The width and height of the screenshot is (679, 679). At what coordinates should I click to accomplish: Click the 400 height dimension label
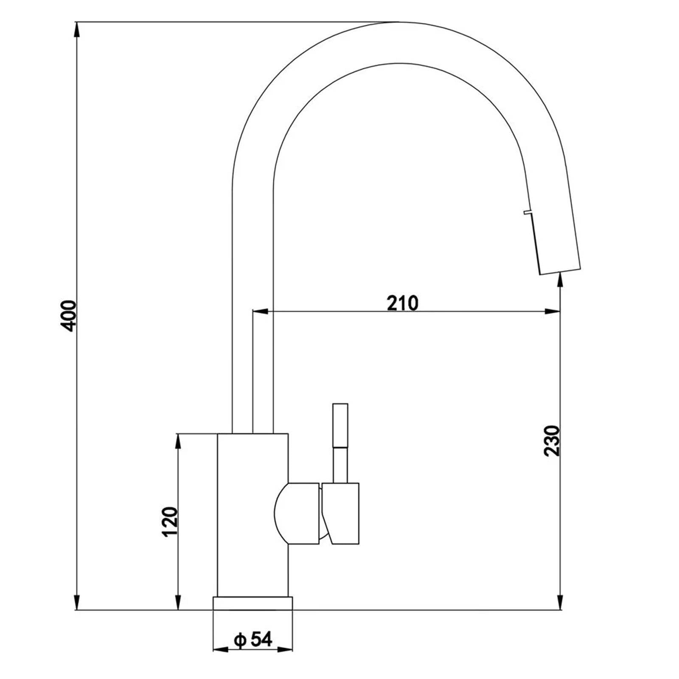[x=68, y=316]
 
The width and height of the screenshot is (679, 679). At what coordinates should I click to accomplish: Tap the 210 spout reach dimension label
[x=402, y=303]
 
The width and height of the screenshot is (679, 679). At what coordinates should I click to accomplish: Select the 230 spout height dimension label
[x=552, y=441]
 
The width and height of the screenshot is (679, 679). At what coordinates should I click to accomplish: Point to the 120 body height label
[x=170, y=522]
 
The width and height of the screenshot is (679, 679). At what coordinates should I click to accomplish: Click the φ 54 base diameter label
[x=253, y=639]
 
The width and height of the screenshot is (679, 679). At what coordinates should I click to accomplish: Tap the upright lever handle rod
[x=340, y=443]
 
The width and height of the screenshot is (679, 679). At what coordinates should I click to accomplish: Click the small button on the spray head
[x=527, y=212]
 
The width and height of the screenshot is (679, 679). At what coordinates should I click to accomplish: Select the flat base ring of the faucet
[x=253, y=603]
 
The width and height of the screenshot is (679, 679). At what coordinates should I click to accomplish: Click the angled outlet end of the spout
[x=559, y=271]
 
